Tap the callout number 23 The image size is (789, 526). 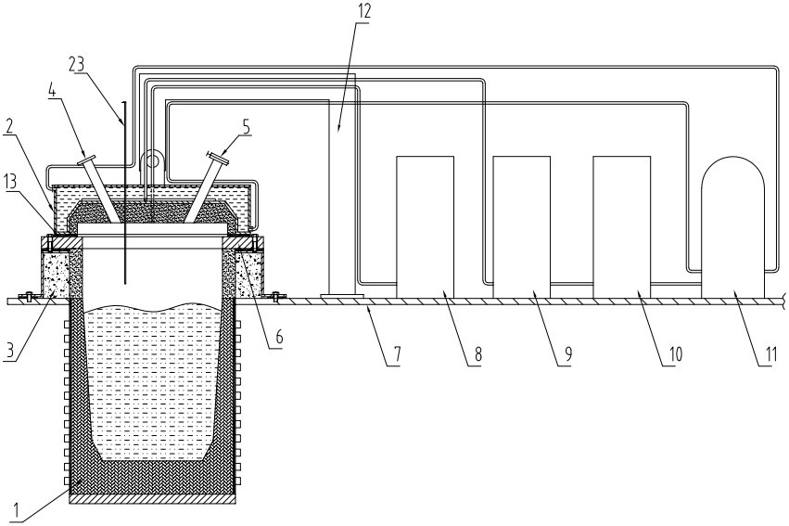pos(77,65)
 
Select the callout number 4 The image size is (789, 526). pos(51,91)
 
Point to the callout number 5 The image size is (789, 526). pos(246,127)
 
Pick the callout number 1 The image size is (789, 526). pos(16,510)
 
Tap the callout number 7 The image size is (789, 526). pos(397,353)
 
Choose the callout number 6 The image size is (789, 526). pos(278,337)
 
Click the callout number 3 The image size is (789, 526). pos(9,351)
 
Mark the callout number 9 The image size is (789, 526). pos(567,354)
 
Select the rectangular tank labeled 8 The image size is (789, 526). pos(426,227)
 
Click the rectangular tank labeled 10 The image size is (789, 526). pos(622,227)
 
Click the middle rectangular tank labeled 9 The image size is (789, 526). pos(521,227)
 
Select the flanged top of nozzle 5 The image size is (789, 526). pos(217,157)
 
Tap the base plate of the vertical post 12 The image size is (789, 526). pos(342,296)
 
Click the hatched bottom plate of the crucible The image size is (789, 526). pos(152,499)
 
